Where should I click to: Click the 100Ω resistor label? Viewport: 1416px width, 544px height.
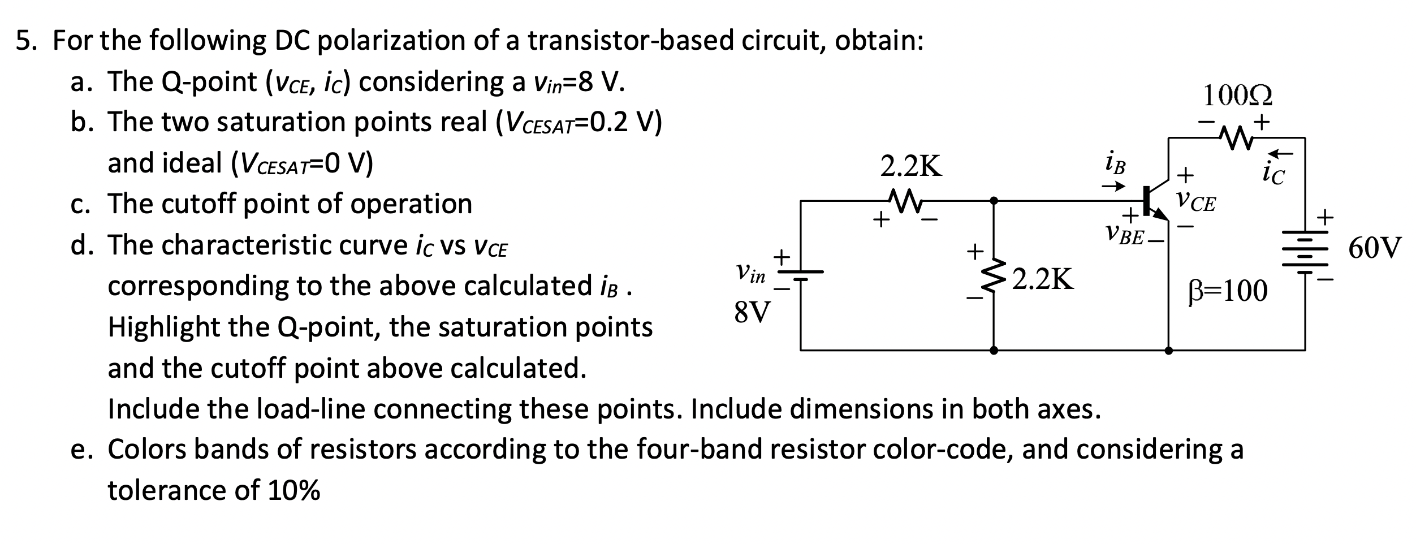click(1237, 96)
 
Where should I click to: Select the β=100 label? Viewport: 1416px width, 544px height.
click(1227, 291)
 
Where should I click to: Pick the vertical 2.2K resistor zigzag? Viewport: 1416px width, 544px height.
click(994, 277)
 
